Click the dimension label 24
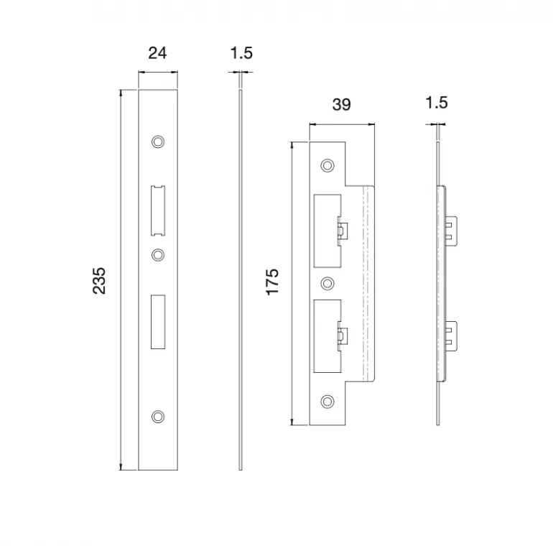pyautogui.click(x=157, y=53)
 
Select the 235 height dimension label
pyautogui.click(x=99, y=280)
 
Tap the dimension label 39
pyautogui.click(x=341, y=105)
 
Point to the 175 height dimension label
pyautogui.click(x=272, y=282)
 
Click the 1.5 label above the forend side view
pyautogui.click(x=241, y=53)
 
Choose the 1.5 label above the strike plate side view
pyautogui.click(x=437, y=103)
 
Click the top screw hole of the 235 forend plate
pyautogui.click(x=158, y=142)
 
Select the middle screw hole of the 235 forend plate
pyautogui.click(x=158, y=254)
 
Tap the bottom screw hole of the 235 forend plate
pyautogui.click(x=158, y=417)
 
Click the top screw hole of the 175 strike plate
pyautogui.click(x=327, y=165)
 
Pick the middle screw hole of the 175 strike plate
pyautogui.click(x=327, y=283)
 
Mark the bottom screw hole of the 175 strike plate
pyautogui.click(x=327, y=402)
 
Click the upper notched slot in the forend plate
pyautogui.click(x=158, y=210)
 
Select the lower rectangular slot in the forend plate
pyautogui.click(x=158, y=322)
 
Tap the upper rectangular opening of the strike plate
pyautogui.click(x=327, y=231)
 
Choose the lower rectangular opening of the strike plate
pyautogui.click(x=327, y=336)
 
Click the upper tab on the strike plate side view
pyautogui.click(x=451, y=231)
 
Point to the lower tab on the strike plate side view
pyautogui.click(x=451, y=336)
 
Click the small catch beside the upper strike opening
pyautogui.click(x=343, y=231)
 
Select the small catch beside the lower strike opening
pyautogui.click(x=343, y=336)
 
